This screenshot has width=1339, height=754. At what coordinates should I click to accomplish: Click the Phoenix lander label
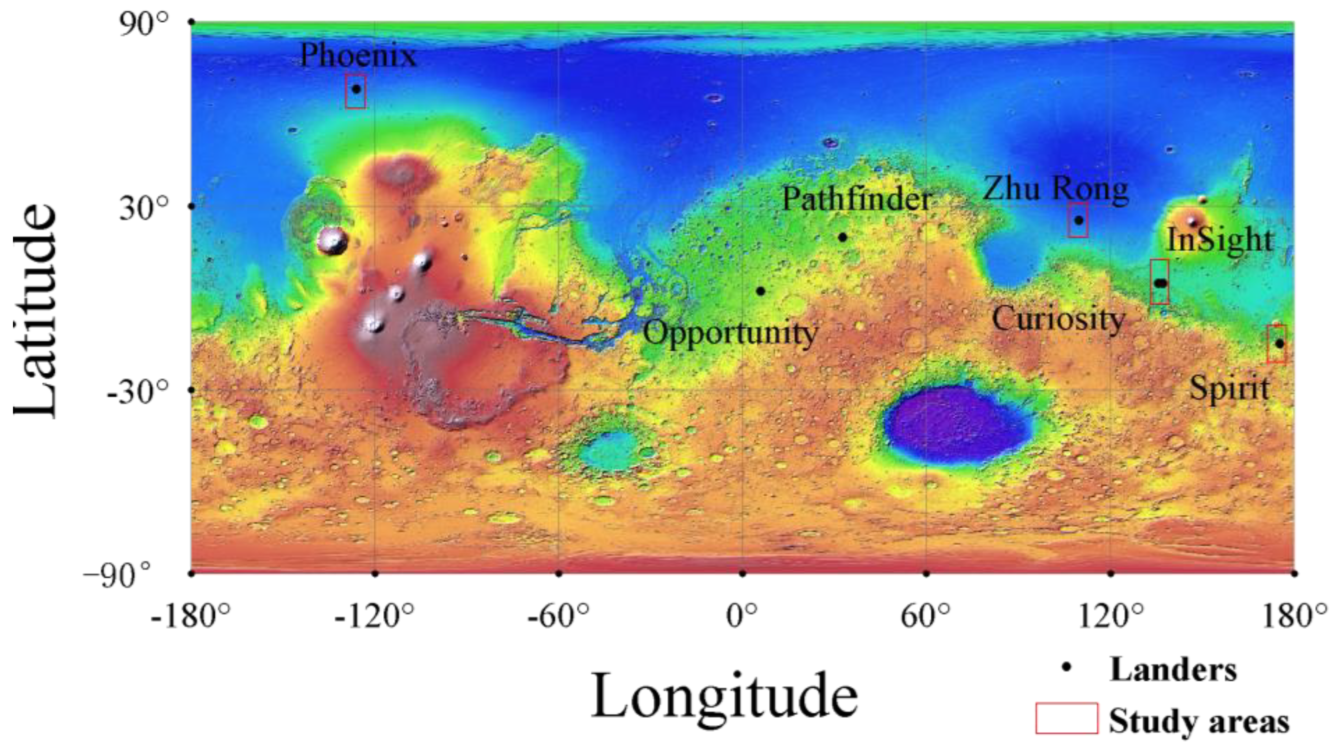358,56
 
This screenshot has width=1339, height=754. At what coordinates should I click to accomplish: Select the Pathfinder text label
856,199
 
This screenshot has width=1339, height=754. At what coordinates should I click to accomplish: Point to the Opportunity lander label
730,333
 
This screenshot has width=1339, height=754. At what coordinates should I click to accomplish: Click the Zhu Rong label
1055,189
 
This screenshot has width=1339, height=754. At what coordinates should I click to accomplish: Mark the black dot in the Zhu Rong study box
1079,220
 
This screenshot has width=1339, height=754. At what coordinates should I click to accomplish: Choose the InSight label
1220,241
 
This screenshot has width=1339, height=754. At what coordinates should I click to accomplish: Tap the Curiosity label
1058,319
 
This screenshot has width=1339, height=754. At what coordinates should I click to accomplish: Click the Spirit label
1230,389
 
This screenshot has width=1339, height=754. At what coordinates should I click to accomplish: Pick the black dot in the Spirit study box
1280,344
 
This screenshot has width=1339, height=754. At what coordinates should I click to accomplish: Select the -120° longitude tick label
374,617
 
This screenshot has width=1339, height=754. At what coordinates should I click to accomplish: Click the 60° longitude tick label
925,617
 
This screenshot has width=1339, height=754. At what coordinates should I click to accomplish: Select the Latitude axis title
35,310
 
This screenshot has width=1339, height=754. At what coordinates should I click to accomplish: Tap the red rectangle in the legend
1067,719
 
